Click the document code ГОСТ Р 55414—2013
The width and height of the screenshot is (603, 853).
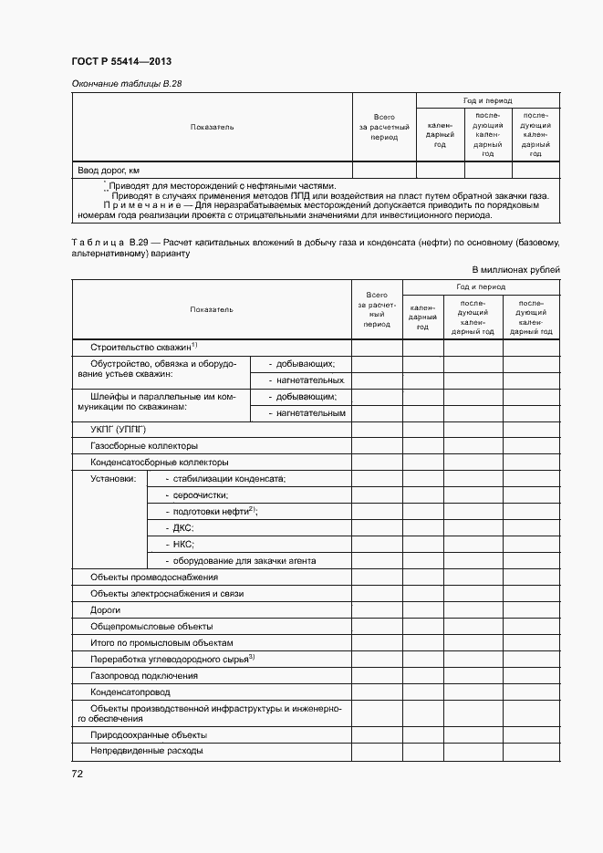[x=121, y=62]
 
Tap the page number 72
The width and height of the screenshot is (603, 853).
[x=78, y=774]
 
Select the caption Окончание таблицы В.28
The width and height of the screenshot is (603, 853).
[x=128, y=84]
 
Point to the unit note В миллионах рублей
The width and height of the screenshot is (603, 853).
[x=515, y=269]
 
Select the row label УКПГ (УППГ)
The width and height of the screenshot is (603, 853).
[x=119, y=429]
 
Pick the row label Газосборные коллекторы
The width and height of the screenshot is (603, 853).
[x=144, y=446]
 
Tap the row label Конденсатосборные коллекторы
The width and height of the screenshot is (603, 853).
[x=159, y=463]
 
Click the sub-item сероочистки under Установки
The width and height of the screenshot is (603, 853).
[x=196, y=495]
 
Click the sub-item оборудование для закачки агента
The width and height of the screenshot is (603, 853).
[x=240, y=561]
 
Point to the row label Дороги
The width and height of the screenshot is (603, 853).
[x=105, y=610]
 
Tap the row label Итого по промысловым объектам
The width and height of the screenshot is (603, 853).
[x=161, y=643]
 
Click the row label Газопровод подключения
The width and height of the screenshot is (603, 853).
[x=144, y=676]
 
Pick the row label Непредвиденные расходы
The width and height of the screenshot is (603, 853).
[x=146, y=751]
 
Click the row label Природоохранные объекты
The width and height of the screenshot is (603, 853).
[x=149, y=734]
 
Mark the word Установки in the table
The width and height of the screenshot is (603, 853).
[x=113, y=479]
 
